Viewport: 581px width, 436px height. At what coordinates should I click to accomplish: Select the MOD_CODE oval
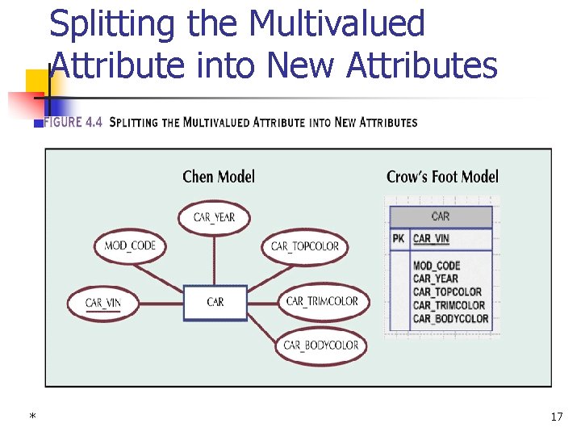(x=130, y=245)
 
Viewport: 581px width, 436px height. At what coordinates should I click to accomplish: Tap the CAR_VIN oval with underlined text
(x=103, y=304)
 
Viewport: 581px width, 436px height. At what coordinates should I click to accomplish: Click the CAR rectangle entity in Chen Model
(x=215, y=302)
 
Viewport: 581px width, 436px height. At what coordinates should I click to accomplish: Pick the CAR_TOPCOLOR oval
(x=304, y=246)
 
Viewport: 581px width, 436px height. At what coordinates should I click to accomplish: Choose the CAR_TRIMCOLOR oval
(x=321, y=301)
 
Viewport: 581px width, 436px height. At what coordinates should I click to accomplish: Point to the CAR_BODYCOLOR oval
(x=320, y=346)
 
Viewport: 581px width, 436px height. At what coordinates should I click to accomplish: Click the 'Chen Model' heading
(x=219, y=176)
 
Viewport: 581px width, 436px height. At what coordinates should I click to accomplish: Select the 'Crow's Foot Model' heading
(x=442, y=176)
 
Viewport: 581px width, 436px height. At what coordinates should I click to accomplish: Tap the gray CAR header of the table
(x=441, y=216)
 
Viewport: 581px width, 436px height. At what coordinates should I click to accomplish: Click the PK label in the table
(x=399, y=239)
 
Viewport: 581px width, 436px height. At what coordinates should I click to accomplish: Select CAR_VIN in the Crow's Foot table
(x=431, y=239)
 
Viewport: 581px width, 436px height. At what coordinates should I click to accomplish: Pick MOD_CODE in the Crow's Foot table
(x=436, y=266)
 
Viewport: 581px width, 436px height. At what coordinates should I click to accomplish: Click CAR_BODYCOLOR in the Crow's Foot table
(x=450, y=319)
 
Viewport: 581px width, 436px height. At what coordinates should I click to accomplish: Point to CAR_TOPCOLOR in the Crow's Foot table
(x=447, y=292)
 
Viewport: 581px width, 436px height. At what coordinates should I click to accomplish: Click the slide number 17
(x=556, y=417)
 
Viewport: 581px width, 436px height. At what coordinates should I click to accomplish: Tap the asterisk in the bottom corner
(x=32, y=417)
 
